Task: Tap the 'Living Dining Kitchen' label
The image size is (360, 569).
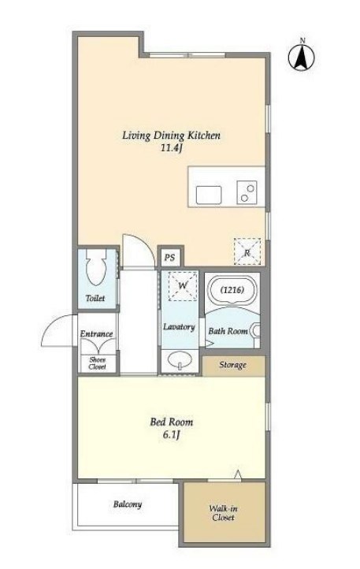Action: [171, 136]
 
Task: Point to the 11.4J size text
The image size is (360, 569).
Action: [172, 148]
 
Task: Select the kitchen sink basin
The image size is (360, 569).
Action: [209, 195]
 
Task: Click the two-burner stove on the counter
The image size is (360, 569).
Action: [247, 192]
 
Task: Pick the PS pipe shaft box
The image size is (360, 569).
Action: [170, 257]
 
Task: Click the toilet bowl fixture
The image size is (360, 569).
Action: [95, 266]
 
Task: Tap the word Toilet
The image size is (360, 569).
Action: [95, 298]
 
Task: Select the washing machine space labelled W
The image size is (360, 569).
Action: [183, 286]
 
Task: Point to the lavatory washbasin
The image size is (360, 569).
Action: [180, 360]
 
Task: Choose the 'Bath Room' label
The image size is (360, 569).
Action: [228, 331]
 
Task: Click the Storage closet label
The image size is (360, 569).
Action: [232, 365]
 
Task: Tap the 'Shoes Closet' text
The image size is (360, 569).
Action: [97, 363]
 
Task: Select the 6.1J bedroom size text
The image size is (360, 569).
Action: [172, 435]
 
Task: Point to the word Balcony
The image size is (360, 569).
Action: [128, 504]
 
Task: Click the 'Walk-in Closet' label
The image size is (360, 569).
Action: [223, 513]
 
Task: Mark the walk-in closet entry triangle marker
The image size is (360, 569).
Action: [238, 474]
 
